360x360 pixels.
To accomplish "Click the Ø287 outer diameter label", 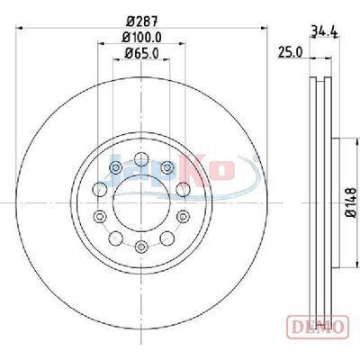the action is click(x=142, y=22).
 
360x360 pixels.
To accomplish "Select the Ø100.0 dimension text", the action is click(x=142, y=38).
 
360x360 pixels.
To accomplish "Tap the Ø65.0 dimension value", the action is click(x=142, y=53).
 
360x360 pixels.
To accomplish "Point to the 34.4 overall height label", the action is click(x=325, y=31).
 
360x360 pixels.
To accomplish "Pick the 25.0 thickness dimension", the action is click(x=290, y=52).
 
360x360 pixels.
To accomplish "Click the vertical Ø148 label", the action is click(x=351, y=202).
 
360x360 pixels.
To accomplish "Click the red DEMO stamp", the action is click(x=318, y=327).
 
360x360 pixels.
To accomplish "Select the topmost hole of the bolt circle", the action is click(x=141, y=159).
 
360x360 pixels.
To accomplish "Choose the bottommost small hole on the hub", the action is click(x=141, y=247).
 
